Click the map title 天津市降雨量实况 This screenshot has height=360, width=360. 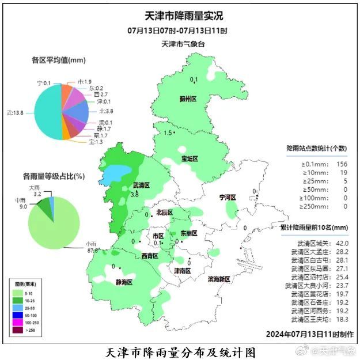coord(183,17)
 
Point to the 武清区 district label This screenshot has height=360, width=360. coord(141,185)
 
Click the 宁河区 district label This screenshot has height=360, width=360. coord(228,198)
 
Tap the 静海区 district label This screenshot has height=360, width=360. coord(124,282)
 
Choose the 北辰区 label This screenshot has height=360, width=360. coord(164,213)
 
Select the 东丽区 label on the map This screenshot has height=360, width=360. coord(188,233)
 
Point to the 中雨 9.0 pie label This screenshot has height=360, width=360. coord(23,202)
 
